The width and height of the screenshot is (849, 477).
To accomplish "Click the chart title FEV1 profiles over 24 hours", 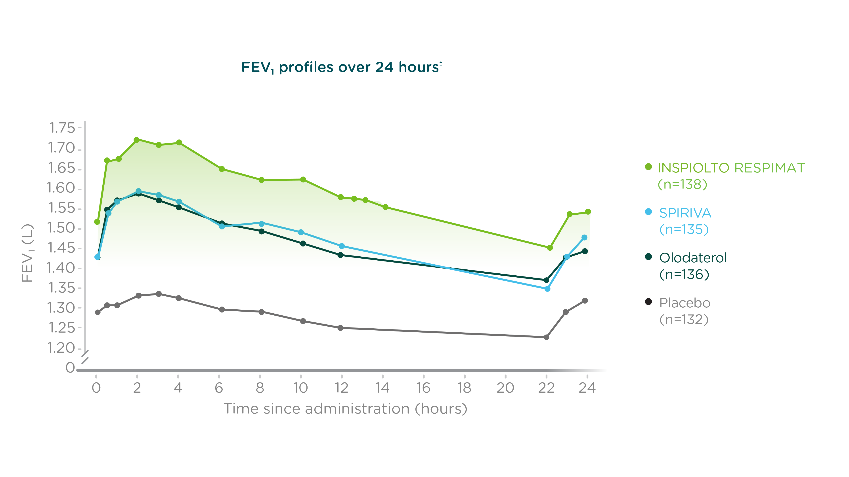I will [x=341, y=67].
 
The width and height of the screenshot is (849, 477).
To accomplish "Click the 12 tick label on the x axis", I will [x=341, y=388].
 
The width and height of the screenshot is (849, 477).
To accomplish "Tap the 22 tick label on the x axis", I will [x=546, y=388].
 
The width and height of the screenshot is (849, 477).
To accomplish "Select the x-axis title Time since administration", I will [x=345, y=409].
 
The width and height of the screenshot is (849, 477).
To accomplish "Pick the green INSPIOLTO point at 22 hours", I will [x=550, y=248].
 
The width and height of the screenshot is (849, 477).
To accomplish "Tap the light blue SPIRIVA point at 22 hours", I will [x=547, y=289].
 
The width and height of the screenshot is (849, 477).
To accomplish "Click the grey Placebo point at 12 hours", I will [x=340, y=328].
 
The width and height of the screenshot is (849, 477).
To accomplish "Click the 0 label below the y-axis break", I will [x=70, y=368].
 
